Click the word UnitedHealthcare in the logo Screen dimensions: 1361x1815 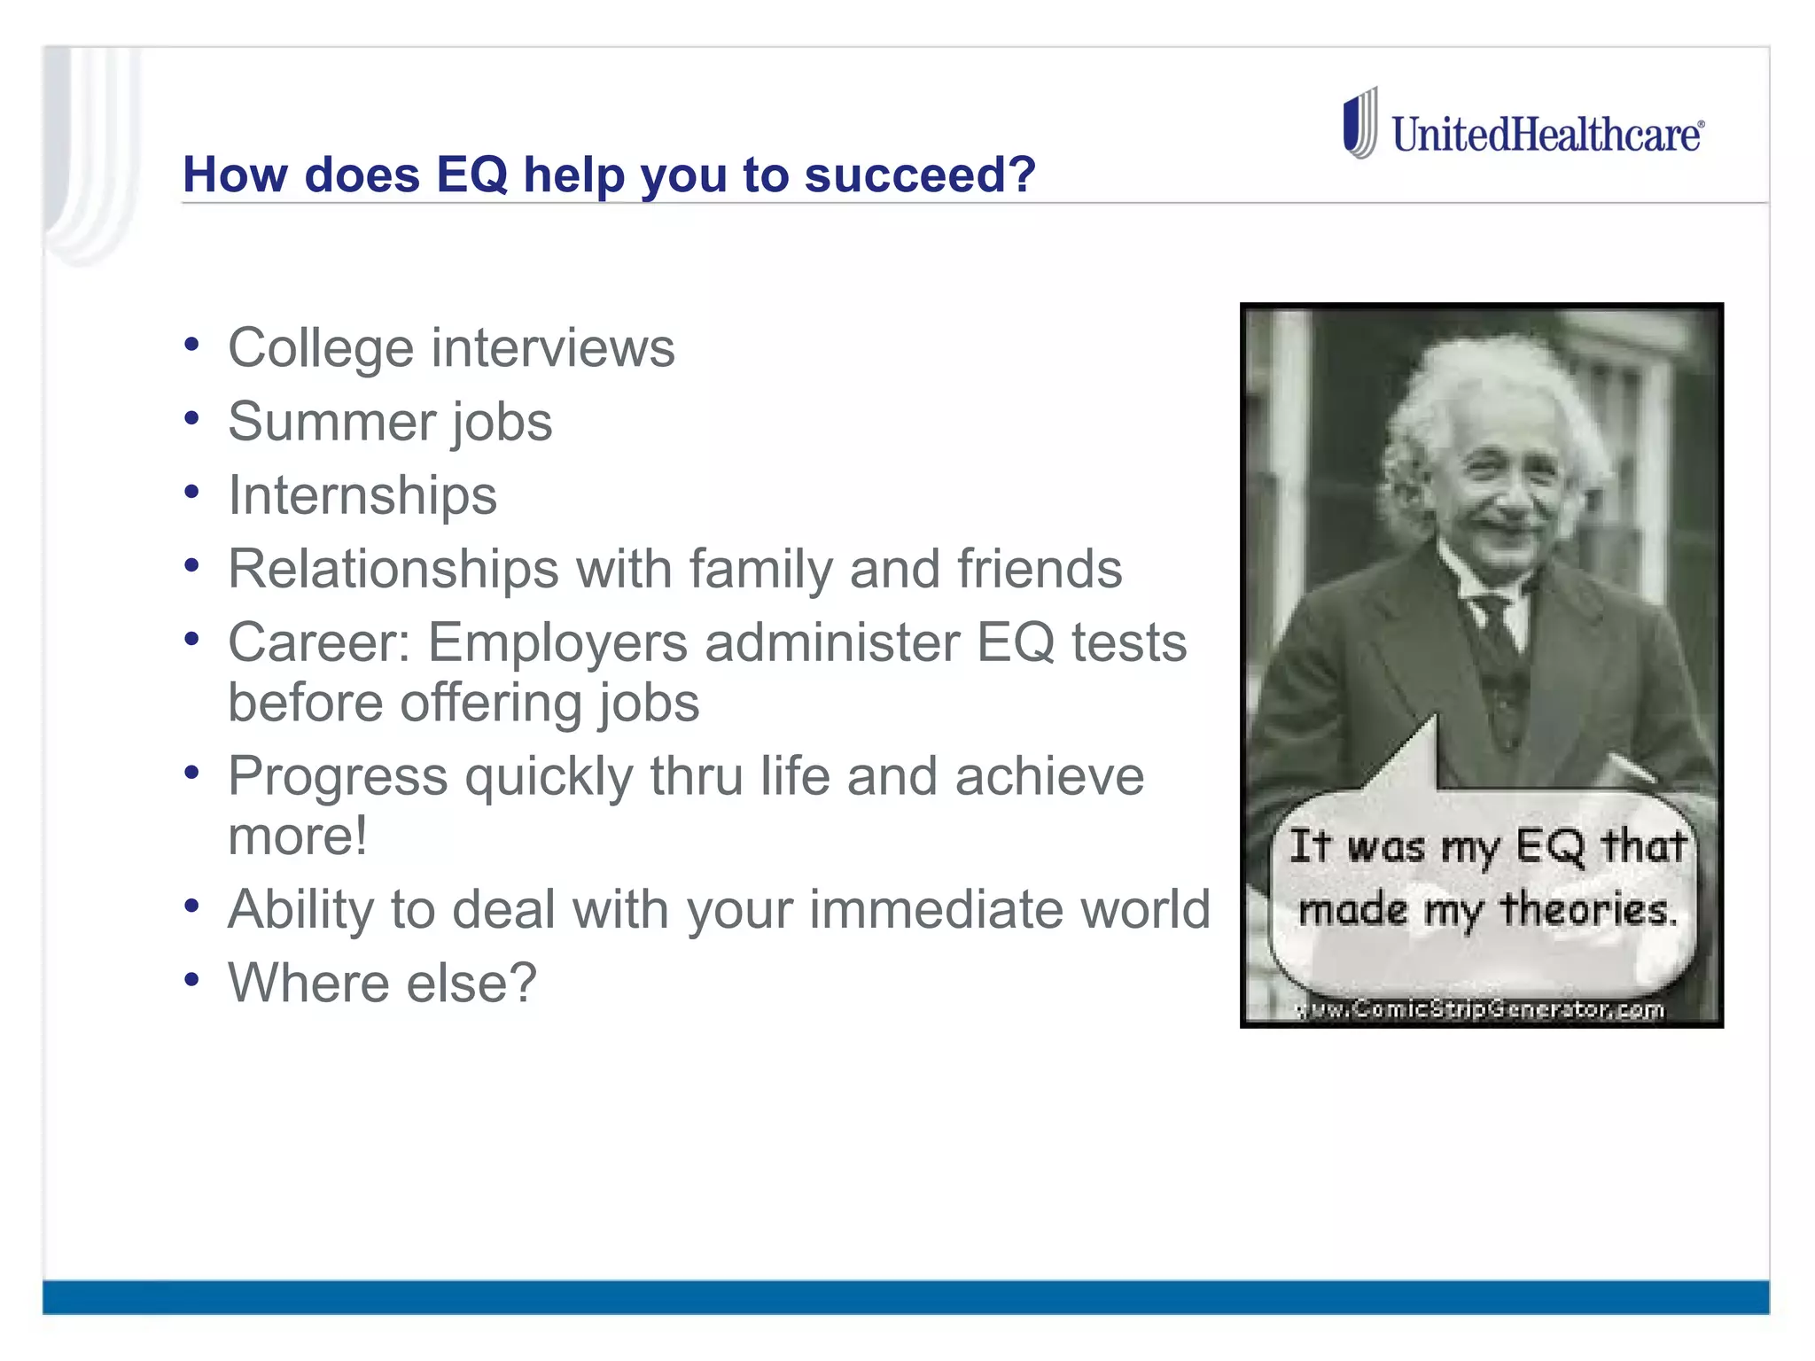click(x=1546, y=136)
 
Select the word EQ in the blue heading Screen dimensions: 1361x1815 click(x=471, y=174)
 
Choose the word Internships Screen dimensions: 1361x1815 click(x=362, y=494)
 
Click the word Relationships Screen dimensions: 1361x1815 click(x=393, y=568)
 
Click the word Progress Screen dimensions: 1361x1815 click(x=338, y=777)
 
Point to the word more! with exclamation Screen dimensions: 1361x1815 click(x=297, y=836)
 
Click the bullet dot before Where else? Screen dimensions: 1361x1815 click(x=191, y=980)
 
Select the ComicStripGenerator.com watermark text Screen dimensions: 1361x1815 click(x=1480, y=1009)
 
